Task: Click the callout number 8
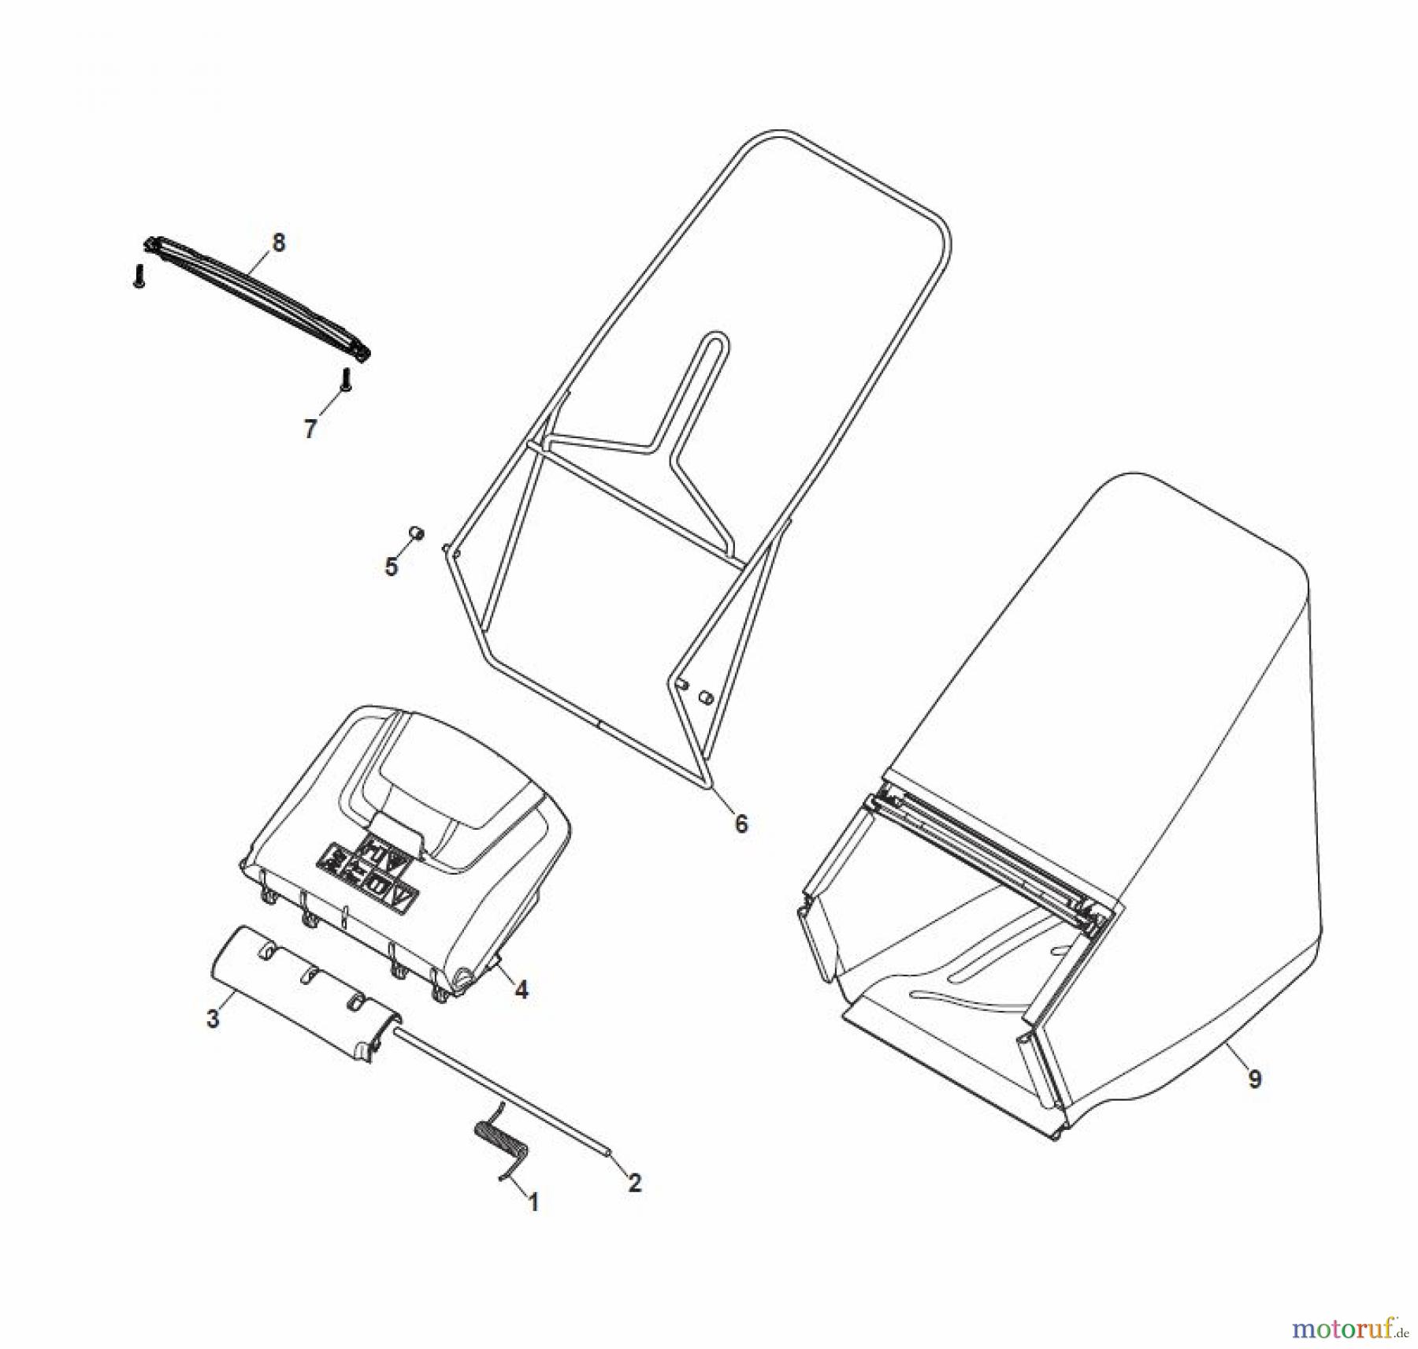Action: (278, 243)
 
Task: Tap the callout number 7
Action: (310, 429)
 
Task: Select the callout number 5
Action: (392, 567)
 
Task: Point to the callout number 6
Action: (741, 824)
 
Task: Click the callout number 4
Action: (521, 990)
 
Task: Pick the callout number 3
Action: (213, 1019)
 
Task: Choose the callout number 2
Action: (634, 1182)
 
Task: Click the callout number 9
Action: (1255, 1078)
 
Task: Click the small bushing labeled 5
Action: (417, 533)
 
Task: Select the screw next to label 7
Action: (345, 380)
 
